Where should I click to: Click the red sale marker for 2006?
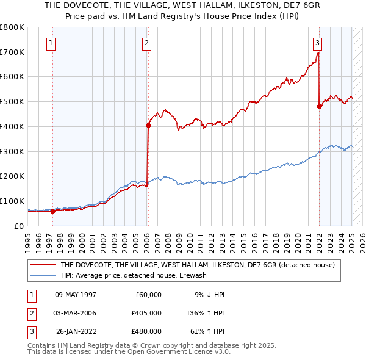148,126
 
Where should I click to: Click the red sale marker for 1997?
53,211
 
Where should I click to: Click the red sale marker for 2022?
319,106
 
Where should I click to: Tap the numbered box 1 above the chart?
51,43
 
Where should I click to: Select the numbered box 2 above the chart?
148,43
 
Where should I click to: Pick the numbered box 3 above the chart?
318,43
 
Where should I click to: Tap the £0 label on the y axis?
20,226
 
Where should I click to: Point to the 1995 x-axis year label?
28,240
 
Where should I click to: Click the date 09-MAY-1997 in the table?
76,295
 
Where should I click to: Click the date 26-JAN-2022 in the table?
76,331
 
